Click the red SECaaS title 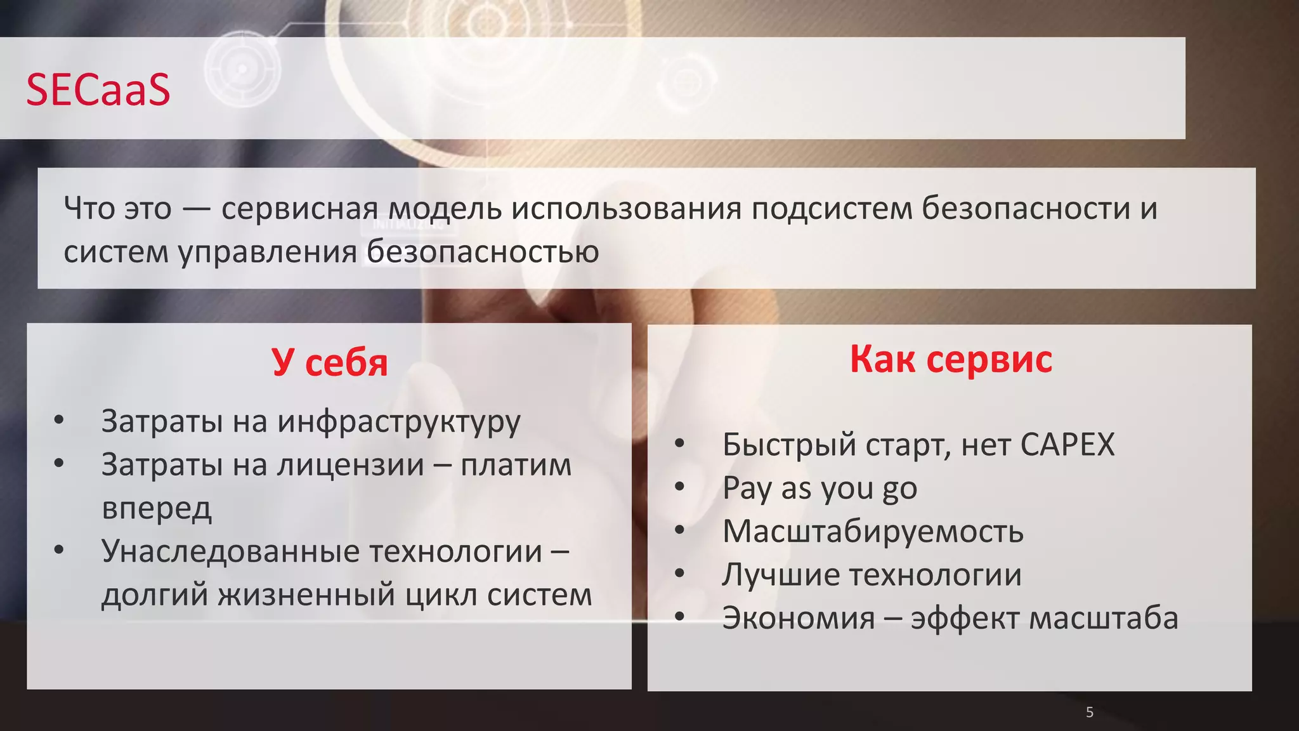point(98,89)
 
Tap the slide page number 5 point(1090,712)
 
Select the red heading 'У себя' point(329,362)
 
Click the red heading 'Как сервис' point(951,359)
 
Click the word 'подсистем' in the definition point(832,209)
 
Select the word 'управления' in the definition point(267,253)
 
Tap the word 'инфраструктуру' point(399,422)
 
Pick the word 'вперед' point(156,508)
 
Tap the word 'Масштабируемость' point(873,532)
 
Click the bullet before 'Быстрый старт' point(679,444)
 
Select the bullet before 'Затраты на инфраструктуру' point(59,420)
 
